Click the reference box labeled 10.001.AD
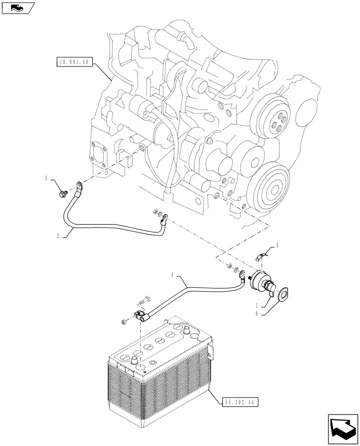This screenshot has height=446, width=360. (74, 62)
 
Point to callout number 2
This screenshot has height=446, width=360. (58, 236)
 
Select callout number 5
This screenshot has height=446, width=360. (277, 245)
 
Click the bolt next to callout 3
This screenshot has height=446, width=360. (63, 193)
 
